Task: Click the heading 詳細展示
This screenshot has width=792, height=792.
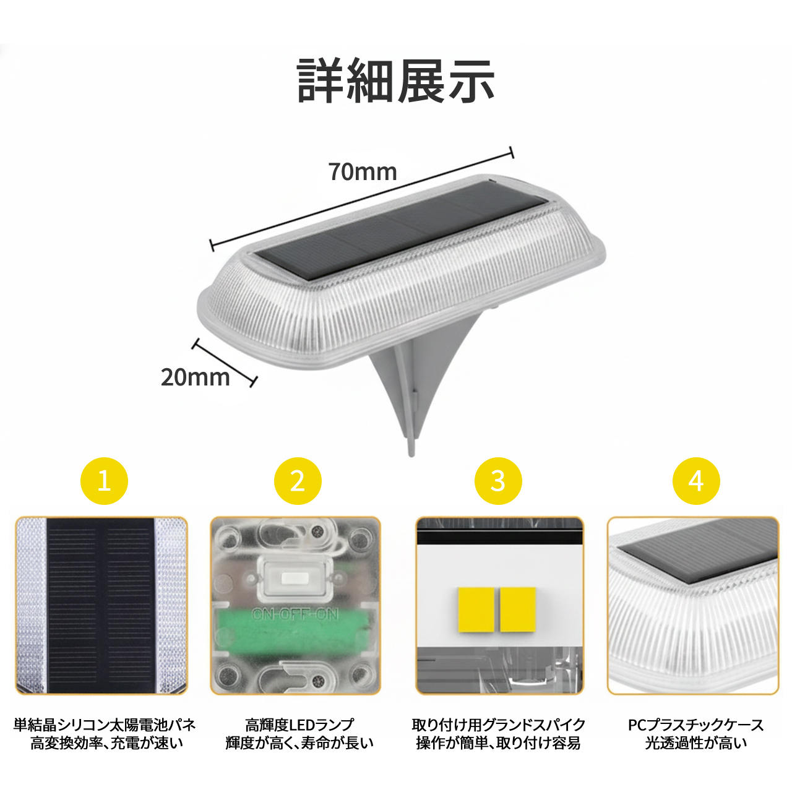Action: click(395, 80)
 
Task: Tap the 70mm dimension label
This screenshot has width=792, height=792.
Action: click(363, 172)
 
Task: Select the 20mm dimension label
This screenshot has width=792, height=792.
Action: click(196, 377)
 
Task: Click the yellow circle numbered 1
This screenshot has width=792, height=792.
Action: click(105, 481)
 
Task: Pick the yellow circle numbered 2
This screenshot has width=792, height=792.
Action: click(298, 481)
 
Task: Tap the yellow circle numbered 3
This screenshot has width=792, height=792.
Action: click(498, 481)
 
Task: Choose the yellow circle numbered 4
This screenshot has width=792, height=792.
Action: click(696, 481)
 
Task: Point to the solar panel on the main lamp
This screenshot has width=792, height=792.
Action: click(401, 232)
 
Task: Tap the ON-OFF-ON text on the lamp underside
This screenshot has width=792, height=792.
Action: click(295, 614)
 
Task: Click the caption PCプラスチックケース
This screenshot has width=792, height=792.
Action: click(696, 725)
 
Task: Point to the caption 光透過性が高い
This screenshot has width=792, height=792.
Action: click(696, 742)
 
